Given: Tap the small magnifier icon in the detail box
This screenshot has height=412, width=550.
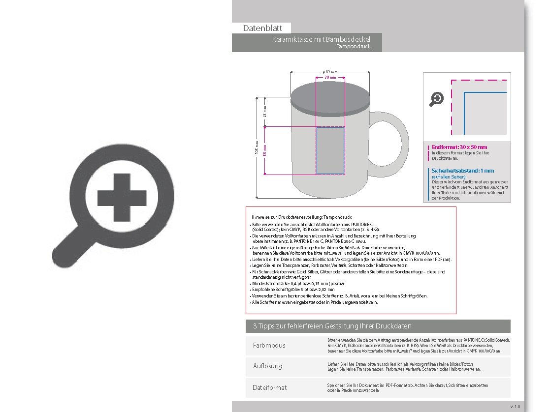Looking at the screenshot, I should pyautogui.click(x=437, y=99).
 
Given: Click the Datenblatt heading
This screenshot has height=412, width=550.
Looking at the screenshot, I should pyautogui.click(x=262, y=29).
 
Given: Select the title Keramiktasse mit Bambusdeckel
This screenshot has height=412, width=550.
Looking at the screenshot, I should pyautogui.click(x=321, y=39).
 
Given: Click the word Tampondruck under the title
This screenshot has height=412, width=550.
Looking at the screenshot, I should pyautogui.click(x=354, y=47).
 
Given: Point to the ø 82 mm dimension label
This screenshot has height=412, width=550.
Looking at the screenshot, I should pyautogui.click(x=330, y=72).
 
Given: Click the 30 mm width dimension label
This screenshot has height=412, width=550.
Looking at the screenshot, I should pyautogui.click(x=330, y=78).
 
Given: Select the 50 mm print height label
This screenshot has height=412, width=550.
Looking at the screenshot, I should pyautogui.click(x=264, y=150).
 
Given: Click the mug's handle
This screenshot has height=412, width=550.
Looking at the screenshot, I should pyautogui.click(x=394, y=143).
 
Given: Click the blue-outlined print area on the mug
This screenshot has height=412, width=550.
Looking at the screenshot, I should pyautogui.click(x=330, y=150).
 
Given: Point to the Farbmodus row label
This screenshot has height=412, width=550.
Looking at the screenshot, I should pyautogui.click(x=269, y=345).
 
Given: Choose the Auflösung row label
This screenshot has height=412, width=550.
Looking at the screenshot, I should pyautogui.click(x=267, y=366).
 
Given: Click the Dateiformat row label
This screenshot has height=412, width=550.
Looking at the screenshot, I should pyautogui.click(x=269, y=387).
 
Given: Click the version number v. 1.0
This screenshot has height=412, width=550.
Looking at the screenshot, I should pyautogui.click(x=515, y=407).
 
